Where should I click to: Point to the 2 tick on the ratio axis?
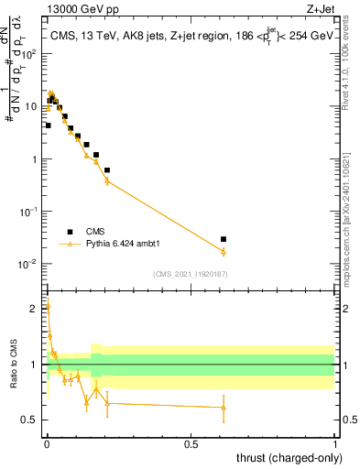pyautogui.click(x=34, y=309)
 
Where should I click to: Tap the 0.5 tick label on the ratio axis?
pyautogui.click(x=31, y=420)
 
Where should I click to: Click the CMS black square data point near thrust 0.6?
pyautogui.click(x=224, y=239)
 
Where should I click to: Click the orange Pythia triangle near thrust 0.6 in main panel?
pyautogui.click(x=224, y=251)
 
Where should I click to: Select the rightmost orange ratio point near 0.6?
pyautogui.click(x=224, y=408)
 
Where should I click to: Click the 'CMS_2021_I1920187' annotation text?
pyautogui.click(x=191, y=274)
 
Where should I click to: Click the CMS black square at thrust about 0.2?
pyautogui.click(x=107, y=170)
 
